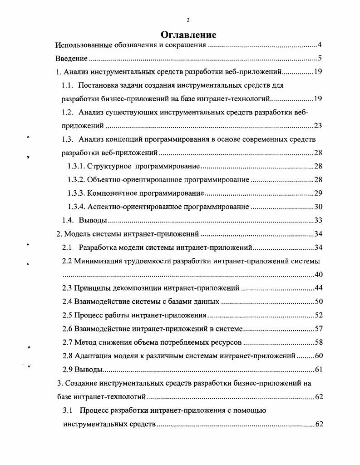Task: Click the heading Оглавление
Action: point(188,35)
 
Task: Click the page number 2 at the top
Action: point(188,20)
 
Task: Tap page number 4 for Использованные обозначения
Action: point(320,45)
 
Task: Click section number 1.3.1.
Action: point(75,167)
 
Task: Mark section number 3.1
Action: point(68,411)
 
